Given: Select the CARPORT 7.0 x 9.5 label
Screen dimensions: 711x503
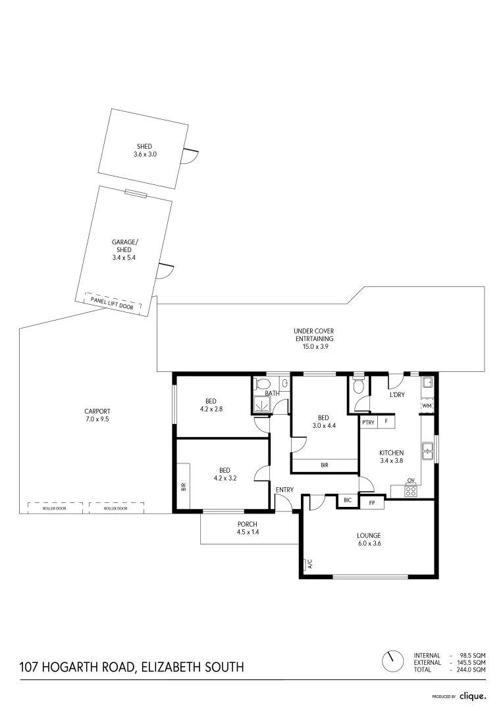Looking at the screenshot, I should [x=97, y=415].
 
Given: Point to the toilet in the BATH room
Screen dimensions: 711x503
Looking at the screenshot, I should [x=262, y=384].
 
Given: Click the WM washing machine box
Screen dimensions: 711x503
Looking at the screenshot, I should [x=427, y=406].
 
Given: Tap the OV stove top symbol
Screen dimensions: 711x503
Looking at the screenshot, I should [x=411, y=490].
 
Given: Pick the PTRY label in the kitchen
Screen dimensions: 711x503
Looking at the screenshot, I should [x=368, y=422].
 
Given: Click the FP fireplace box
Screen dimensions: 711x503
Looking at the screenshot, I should [x=372, y=503].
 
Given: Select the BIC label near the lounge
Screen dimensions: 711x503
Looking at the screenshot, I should [x=347, y=501].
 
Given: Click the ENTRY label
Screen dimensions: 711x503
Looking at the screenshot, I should [x=284, y=489].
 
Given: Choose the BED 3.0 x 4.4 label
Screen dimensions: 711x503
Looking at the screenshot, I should [x=323, y=421].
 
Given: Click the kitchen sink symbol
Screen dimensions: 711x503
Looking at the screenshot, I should [x=427, y=451].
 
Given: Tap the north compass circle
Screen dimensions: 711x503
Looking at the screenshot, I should [x=393, y=660].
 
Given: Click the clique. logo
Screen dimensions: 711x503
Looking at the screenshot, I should [x=473, y=695].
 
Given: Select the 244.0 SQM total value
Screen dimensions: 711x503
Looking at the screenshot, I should [x=470, y=670].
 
